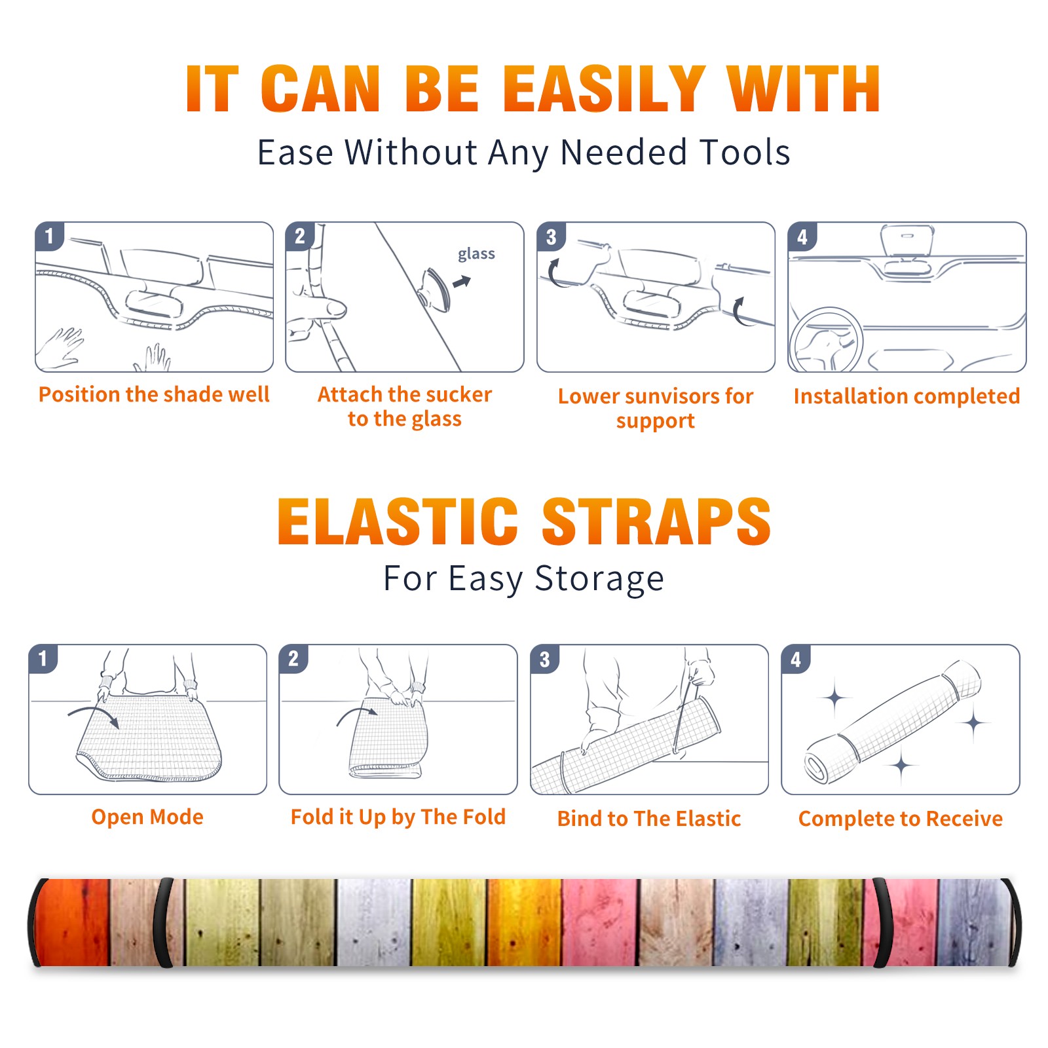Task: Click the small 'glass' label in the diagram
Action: pyautogui.click(x=476, y=254)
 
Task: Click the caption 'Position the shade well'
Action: pyautogui.click(x=154, y=394)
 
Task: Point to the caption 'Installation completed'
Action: pyautogui.click(x=907, y=396)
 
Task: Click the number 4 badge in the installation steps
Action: pyautogui.click(x=802, y=236)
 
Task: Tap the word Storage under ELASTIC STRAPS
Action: pyautogui.click(x=599, y=579)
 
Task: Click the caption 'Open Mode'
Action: pyautogui.click(x=147, y=817)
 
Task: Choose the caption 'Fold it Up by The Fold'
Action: pyautogui.click(x=398, y=817)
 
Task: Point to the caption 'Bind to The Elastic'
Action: pyautogui.click(x=649, y=819)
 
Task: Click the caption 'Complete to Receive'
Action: pyautogui.click(x=901, y=819)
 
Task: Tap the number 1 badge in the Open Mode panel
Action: pyautogui.click(x=43, y=658)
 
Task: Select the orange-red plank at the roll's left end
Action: pyautogui.click(x=72, y=922)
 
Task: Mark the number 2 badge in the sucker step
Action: pyautogui.click(x=300, y=236)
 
